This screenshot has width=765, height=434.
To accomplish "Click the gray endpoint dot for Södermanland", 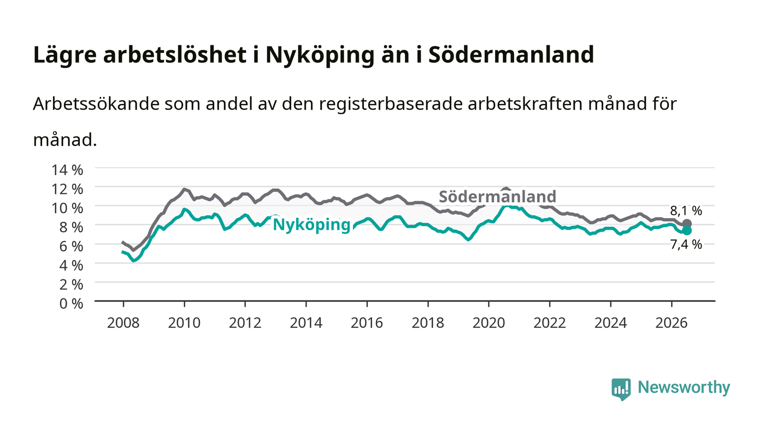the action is click(687, 224).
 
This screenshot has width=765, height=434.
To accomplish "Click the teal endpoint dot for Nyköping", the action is click(687, 231).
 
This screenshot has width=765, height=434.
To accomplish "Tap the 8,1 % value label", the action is click(686, 211).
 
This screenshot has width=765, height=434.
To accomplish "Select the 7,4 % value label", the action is click(686, 244).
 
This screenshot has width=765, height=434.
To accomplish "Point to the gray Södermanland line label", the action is click(497, 196).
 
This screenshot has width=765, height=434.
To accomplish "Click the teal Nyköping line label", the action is click(311, 225).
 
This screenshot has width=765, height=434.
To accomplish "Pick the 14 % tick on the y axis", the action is click(67, 170).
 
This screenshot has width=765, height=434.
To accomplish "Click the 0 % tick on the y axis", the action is click(72, 303).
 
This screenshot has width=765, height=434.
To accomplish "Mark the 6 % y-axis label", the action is click(72, 246).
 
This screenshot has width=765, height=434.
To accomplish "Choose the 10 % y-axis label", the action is click(67, 208).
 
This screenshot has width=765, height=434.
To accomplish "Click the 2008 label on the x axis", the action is click(123, 323).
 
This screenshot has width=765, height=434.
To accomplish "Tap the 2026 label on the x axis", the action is click(672, 323).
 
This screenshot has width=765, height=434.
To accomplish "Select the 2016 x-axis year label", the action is click(367, 323).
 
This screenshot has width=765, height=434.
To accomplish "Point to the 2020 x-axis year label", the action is click(489, 323).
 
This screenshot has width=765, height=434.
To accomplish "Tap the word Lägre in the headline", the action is click(65, 55).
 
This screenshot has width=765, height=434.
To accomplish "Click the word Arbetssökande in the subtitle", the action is click(96, 104).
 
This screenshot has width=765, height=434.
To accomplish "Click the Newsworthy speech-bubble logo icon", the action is click(621, 389).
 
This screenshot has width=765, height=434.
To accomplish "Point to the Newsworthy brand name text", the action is click(684, 388).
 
